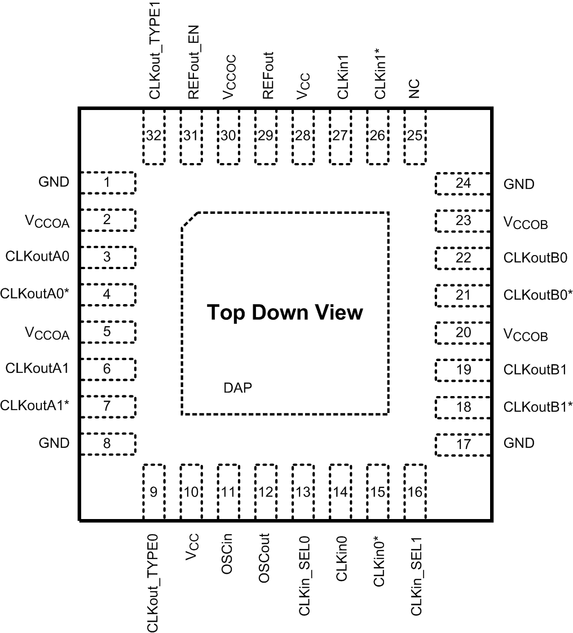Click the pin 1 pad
108,183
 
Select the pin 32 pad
154,137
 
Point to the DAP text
237,388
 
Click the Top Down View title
285,313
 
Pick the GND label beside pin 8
54,443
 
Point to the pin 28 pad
303,137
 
